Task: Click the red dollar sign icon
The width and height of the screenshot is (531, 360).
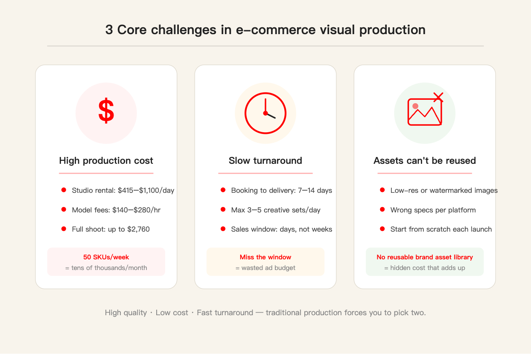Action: pyautogui.click(x=106, y=110)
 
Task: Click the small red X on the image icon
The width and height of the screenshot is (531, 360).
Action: pyautogui.click(x=438, y=97)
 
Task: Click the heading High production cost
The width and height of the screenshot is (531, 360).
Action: pyautogui.click(x=106, y=160)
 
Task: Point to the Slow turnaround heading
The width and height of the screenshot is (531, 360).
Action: pyautogui.click(x=265, y=160)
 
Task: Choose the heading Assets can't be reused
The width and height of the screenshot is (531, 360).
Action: pyautogui.click(x=425, y=160)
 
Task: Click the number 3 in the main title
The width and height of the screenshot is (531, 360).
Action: pyautogui.click(x=109, y=30)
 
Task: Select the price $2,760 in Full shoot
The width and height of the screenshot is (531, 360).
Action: pyautogui.click(x=138, y=229)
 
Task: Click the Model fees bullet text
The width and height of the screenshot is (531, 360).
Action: pyautogui.click(x=116, y=210)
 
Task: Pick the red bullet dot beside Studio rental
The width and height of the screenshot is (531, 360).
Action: pyautogui.click(x=64, y=190)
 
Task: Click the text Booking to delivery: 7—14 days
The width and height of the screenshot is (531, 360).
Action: pyautogui.click(x=282, y=190)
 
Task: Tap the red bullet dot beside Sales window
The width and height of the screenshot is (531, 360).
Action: pyautogui.click(x=223, y=229)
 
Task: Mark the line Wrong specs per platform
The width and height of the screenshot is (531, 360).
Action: pyautogui.click(x=433, y=210)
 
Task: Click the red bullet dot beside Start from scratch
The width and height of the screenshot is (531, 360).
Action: pyautogui.click(x=382, y=229)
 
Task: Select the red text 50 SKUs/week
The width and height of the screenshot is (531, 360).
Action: pyautogui.click(x=106, y=257)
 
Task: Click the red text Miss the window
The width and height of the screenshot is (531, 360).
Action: pyautogui.click(x=265, y=257)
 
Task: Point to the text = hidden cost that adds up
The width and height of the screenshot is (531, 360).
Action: pyautogui.click(x=425, y=268)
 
